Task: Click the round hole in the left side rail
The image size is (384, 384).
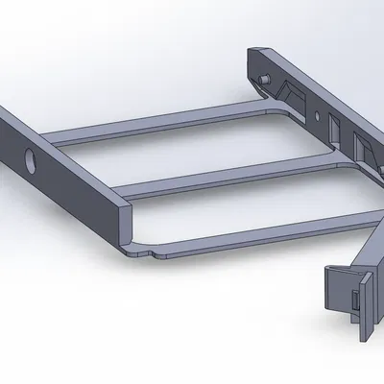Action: click(x=28, y=158)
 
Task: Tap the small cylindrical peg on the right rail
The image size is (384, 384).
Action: click(x=261, y=77)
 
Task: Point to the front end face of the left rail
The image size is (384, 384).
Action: click(x=122, y=222)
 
